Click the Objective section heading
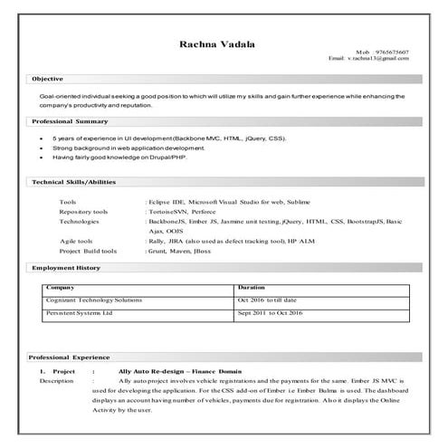tap(47, 80)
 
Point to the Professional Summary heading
tap(70, 121)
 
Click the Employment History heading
tap(65, 268)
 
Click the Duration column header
tap(251, 287)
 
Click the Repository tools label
tap(83, 211)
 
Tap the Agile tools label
tap(76, 241)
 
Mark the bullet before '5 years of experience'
tap(43, 139)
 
